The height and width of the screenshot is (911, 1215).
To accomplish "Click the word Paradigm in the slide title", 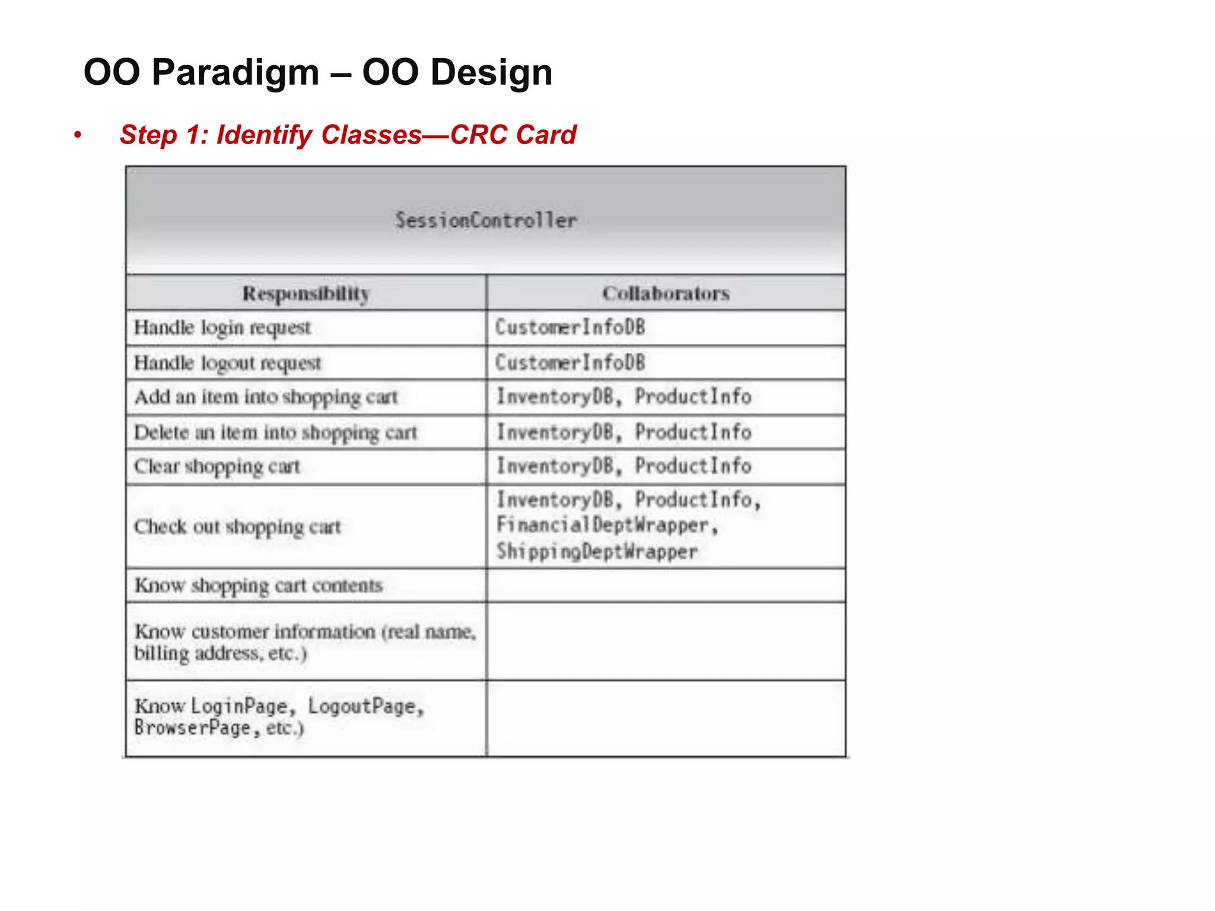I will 235,73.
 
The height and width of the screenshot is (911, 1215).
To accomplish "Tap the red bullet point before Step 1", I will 78,135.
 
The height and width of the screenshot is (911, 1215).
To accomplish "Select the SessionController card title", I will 485,221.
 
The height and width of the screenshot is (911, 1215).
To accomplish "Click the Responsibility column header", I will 306,294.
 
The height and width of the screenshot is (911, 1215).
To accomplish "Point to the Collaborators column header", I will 666,294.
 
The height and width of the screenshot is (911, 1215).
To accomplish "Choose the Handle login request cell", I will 222,328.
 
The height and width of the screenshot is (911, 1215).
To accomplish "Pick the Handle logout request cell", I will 227,363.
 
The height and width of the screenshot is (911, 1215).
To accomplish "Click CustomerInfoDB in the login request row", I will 570,327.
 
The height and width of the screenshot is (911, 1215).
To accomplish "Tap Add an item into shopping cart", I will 266,397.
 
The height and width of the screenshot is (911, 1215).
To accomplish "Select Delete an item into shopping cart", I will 276,432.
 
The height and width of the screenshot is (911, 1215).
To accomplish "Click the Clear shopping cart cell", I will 217,467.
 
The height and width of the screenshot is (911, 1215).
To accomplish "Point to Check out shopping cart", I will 237,527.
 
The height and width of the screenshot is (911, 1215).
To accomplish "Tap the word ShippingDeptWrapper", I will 597,552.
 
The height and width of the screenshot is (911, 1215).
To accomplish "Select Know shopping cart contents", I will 259,586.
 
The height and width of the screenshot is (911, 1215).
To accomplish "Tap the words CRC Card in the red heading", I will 513,135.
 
